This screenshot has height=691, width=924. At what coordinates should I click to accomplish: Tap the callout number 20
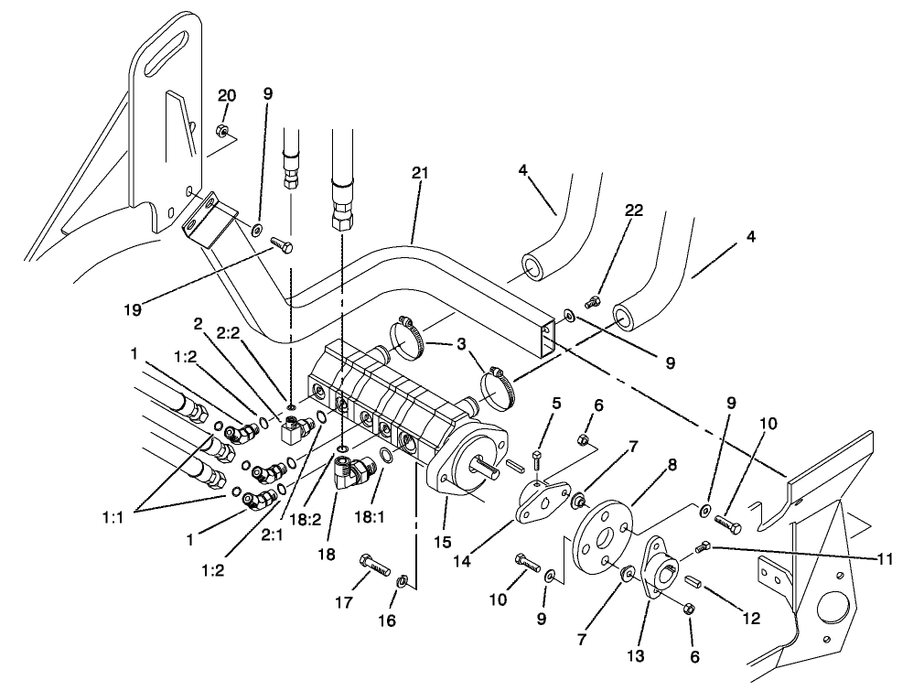click(x=226, y=96)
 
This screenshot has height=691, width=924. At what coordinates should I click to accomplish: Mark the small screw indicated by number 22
click(x=592, y=303)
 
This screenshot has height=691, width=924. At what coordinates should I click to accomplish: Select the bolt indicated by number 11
click(x=704, y=547)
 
